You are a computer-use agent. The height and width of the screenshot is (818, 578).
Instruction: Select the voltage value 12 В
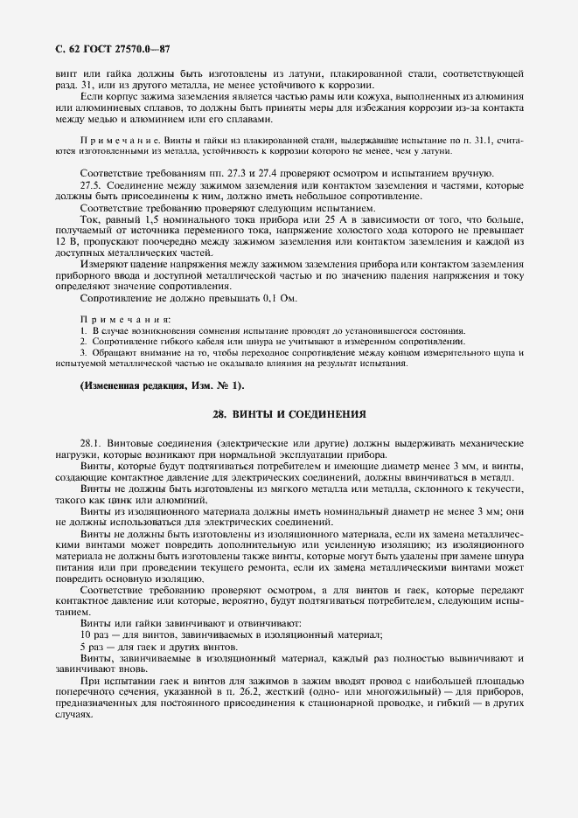[x=64, y=242]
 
